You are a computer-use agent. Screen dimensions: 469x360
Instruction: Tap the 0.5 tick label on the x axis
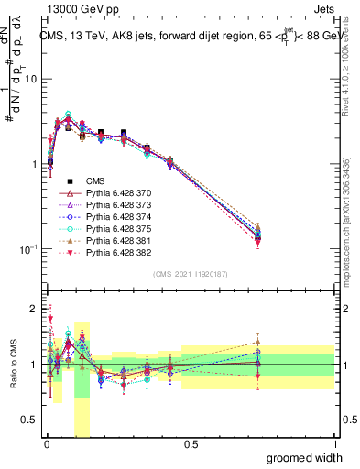[x=190, y=443]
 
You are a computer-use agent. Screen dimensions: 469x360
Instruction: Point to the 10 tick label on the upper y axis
[x=30, y=79]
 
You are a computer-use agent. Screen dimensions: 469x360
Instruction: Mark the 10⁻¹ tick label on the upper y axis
[x=27, y=249]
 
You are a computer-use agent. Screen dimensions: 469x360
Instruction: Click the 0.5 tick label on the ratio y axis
[x=29, y=421]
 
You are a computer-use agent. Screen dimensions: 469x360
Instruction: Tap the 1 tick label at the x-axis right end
[x=334, y=443]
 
